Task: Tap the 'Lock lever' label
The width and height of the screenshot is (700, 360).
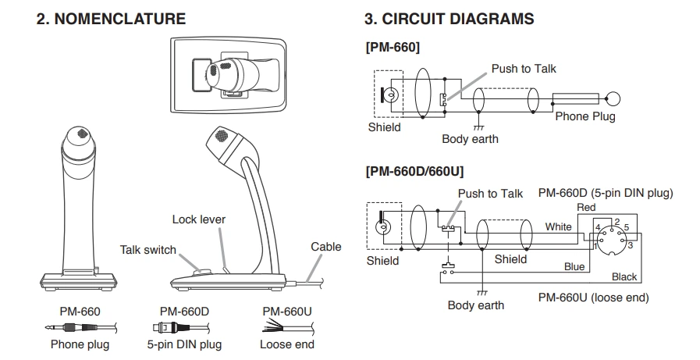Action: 199,219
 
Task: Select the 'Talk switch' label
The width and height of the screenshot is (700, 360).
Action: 147,250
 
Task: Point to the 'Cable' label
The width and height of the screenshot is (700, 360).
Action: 326,247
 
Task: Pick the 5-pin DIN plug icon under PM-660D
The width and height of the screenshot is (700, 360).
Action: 178,328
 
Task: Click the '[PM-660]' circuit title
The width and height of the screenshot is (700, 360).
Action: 393,48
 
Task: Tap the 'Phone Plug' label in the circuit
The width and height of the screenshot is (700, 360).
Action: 585,116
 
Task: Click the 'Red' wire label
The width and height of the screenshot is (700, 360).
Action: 585,207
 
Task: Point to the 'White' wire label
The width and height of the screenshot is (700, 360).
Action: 558,226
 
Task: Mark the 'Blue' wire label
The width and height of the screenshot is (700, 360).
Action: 574,266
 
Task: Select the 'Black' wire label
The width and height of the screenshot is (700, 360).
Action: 624,276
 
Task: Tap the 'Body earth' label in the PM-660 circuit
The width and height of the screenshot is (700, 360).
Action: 470,139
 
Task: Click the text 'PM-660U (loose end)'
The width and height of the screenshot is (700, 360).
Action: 593,298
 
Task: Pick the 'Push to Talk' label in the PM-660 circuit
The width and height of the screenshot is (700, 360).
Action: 524,69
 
